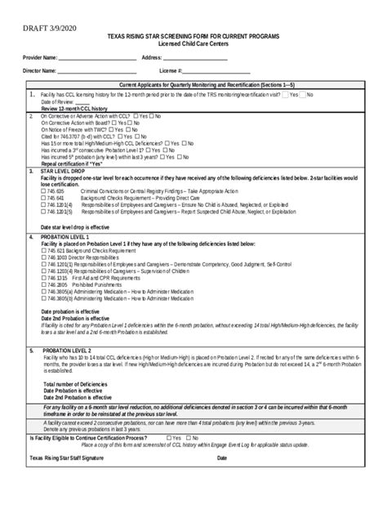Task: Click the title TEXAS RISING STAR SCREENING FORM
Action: (x=193, y=38)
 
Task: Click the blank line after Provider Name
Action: (x=92, y=59)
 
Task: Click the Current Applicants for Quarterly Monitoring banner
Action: (x=194, y=86)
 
